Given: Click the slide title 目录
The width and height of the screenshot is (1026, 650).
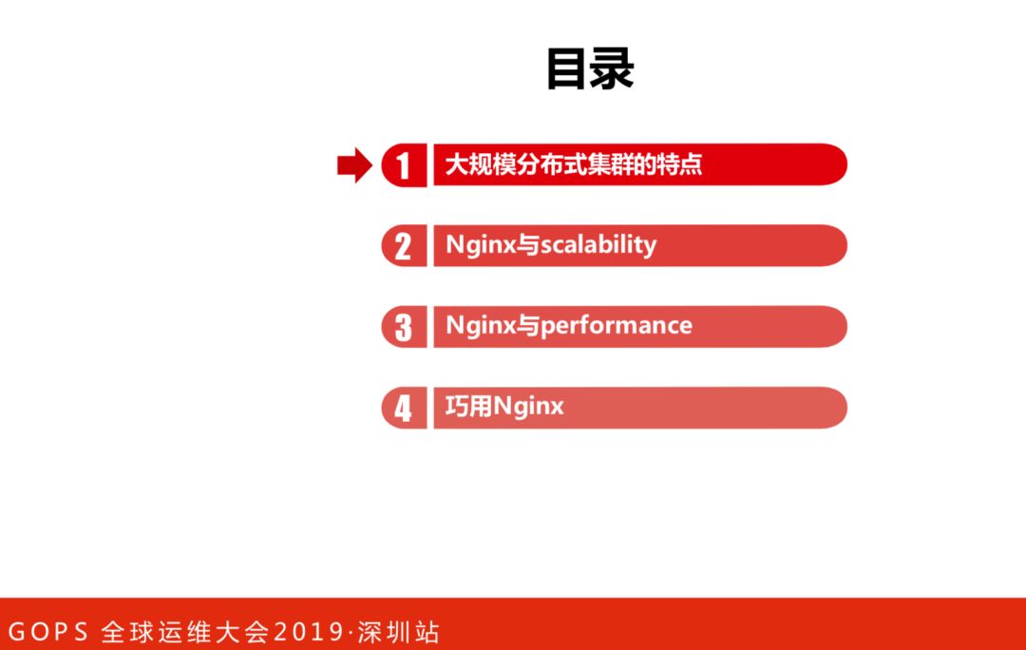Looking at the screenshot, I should tap(590, 69).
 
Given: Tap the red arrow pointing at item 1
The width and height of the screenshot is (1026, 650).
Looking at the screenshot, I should tap(353, 165).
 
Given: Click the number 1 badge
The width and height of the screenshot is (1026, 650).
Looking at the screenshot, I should tap(404, 165).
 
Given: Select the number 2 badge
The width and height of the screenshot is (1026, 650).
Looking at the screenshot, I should tap(404, 246).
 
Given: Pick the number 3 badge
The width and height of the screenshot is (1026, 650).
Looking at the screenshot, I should tap(404, 327).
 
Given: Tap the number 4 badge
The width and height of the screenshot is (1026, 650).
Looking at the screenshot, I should tap(404, 408).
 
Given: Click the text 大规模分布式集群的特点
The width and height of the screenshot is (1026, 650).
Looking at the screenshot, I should tap(574, 164).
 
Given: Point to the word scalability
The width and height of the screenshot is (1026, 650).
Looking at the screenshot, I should tap(598, 245).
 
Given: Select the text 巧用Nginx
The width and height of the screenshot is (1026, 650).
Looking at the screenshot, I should tap(504, 407).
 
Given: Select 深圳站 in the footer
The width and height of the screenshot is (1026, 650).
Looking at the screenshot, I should tap(399, 632).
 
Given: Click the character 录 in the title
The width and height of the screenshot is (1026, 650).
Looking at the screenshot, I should tap(613, 69).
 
